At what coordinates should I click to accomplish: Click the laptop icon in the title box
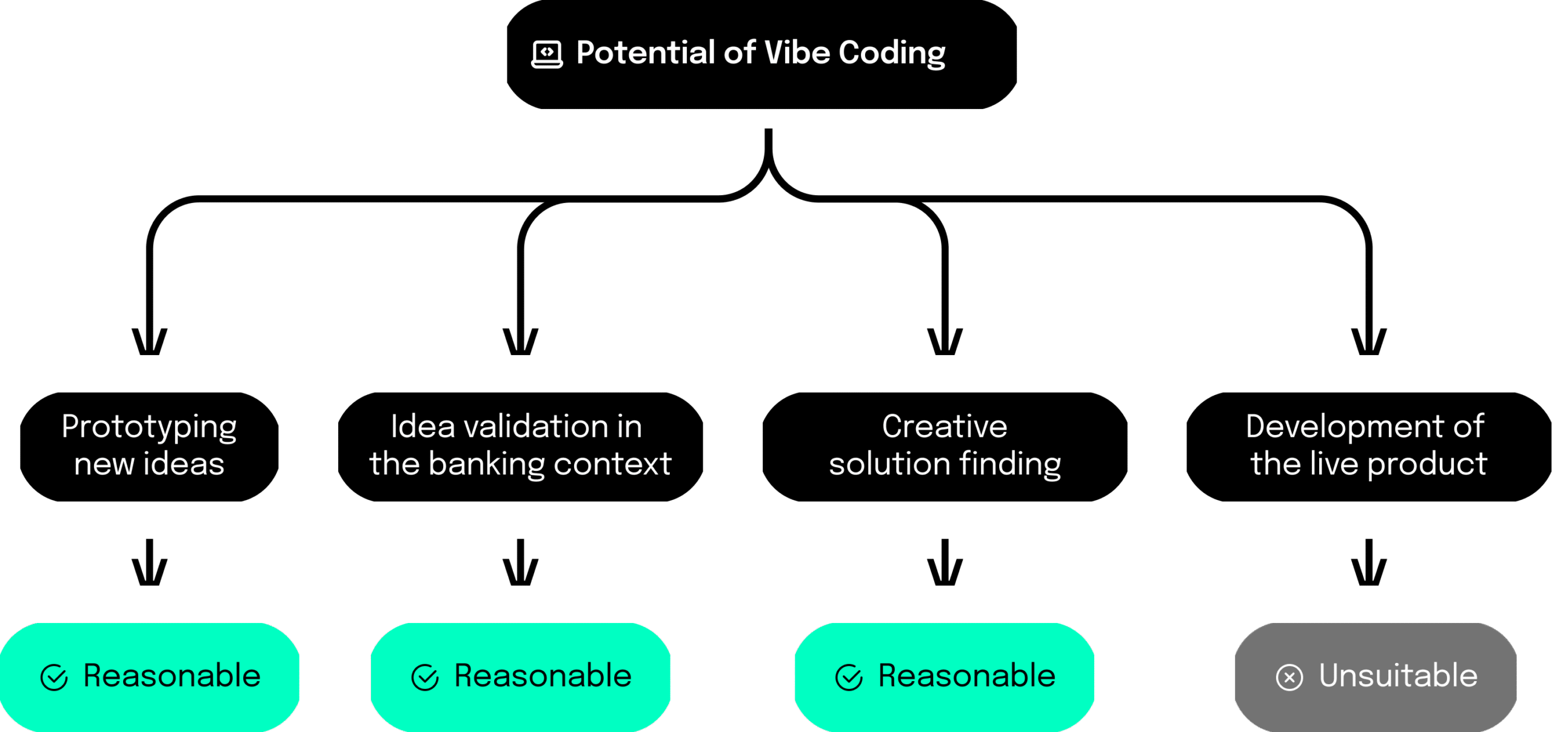tap(547, 55)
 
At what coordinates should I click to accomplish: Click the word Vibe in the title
tap(797, 52)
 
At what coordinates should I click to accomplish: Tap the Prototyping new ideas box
tap(149, 447)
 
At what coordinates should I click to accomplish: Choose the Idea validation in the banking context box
tap(520, 447)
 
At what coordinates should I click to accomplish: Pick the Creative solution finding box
tap(945, 447)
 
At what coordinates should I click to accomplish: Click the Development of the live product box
tap(1368, 447)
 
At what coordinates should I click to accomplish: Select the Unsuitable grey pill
tap(1376, 677)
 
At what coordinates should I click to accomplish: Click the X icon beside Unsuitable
tap(1289, 677)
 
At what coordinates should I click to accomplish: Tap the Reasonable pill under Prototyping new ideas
tap(149, 677)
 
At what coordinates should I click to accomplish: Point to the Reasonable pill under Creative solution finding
tap(945, 677)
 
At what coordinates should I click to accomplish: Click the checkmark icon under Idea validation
tap(424, 677)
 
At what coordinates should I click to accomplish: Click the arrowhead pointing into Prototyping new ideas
tap(149, 342)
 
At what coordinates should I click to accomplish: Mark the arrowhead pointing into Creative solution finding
tap(945, 342)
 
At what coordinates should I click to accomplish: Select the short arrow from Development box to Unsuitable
tap(1368, 562)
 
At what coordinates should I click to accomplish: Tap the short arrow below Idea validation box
tap(520, 562)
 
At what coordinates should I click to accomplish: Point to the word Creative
tap(945, 427)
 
